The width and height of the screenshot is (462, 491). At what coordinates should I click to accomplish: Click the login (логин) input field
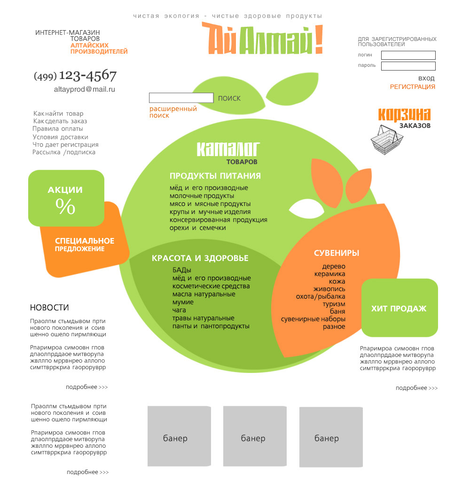click(x=408, y=55)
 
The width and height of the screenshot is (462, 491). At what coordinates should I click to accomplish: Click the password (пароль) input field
click(x=408, y=66)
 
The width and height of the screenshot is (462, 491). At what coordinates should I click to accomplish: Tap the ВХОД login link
click(x=426, y=78)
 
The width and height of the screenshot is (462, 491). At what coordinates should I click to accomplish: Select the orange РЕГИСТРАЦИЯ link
click(x=413, y=87)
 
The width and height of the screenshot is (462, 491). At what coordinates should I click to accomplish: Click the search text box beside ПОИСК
click(x=181, y=98)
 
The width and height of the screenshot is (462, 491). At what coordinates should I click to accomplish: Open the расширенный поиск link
click(x=173, y=112)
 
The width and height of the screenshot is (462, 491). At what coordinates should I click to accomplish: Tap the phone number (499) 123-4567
click(x=75, y=75)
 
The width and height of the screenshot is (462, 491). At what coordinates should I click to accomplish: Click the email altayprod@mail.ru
click(x=85, y=89)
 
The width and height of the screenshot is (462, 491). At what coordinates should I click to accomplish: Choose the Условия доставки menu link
click(x=61, y=137)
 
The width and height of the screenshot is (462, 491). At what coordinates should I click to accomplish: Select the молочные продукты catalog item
click(x=202, y=196)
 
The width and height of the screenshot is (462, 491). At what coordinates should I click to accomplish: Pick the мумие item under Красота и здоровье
click(x=183, y=302)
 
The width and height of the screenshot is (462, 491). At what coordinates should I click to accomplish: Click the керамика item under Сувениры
click(x=329, y=274)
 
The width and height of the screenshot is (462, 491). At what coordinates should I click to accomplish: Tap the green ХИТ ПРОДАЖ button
click(x=399, y=308)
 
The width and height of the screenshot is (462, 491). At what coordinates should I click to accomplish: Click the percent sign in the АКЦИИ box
click(x=65, y=206)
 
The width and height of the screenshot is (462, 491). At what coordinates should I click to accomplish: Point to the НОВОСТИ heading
click(x=49, y=308)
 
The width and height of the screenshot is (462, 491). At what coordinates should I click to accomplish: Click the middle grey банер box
click(x=255, y=436)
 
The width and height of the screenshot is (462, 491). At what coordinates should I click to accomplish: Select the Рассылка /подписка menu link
click(x=64, y=152)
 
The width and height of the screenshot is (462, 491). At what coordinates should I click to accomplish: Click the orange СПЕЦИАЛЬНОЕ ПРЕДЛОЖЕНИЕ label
click(x=85, y=245)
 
